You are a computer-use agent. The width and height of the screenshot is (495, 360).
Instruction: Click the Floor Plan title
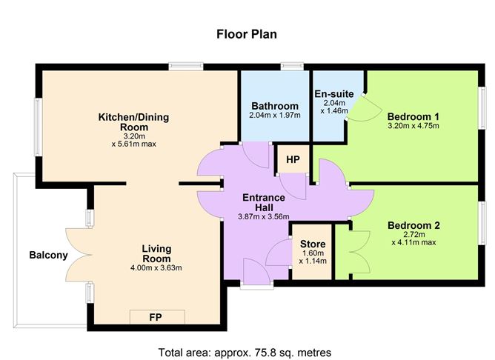[x=247, y=33]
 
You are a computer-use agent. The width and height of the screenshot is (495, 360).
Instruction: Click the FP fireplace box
[x=156, y=317]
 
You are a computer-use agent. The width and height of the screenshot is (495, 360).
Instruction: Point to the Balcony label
[x=48, y=256]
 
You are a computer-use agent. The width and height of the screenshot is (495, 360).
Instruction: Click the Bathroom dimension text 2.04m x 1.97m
[x=274, y=116]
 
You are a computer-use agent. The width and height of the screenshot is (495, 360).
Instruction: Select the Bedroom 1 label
[x=413, y=116]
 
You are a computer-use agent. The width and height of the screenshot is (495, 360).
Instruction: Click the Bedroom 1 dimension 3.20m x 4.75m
[x=413, y=126]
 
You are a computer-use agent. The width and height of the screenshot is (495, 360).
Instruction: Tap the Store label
[x=312, y=244]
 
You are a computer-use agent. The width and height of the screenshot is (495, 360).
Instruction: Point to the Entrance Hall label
[x=265, y=203]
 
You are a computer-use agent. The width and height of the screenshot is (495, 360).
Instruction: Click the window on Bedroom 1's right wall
[x=480, y=101]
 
